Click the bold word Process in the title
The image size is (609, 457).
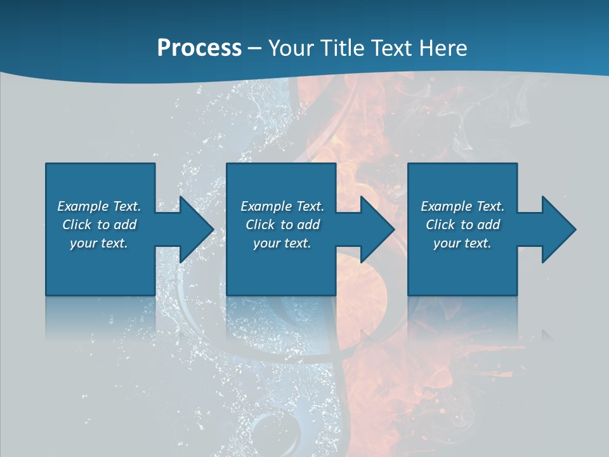(x=199, y=48)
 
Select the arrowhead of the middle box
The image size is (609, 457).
(x=376, y=229)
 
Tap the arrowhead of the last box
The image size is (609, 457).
(x=558, y=229)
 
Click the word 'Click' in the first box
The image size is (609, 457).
(x=77, y=225)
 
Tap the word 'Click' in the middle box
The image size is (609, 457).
(x=260, y=225)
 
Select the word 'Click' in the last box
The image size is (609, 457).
(x=440, y=225)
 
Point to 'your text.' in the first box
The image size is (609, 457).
(x=99, y=243)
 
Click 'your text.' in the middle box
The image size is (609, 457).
(x=282, y=243)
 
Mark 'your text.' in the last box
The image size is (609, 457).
(x=462, y=243)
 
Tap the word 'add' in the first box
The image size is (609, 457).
(x=125, y=225)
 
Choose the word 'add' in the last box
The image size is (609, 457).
(x=488, y=225)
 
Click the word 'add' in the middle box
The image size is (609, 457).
(x=308, y=225)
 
